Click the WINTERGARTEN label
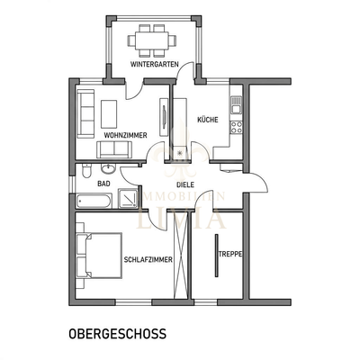152,65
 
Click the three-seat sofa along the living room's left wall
87,112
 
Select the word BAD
104,183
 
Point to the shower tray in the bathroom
128,200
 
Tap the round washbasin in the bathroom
108,168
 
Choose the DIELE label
185,184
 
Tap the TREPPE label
230,254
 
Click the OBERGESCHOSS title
117,333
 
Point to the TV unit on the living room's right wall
162,117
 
